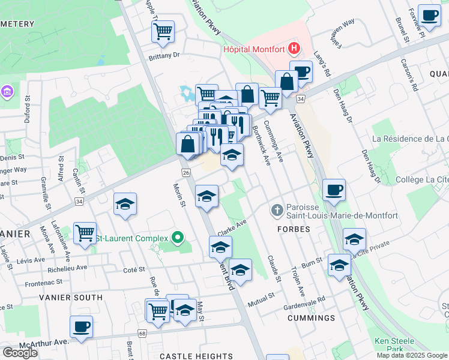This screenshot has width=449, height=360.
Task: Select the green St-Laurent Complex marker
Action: pyautogui.click(x=177, y=238)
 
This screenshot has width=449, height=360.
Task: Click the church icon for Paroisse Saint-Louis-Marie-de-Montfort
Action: pyautogui.click(x=276, y=210)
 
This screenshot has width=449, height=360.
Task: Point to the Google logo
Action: pyautogui.click(x=20, y=352)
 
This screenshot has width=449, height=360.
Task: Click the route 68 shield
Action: pyautogui.click(x=142, y=333)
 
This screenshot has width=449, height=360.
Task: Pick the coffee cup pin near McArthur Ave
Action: pyautogui.click(x=81, y=327)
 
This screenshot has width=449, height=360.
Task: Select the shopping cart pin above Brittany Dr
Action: pyautogui.click(x=163, y=31)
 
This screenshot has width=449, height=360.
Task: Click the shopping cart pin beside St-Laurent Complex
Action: pyautogui.click(x=85, y=232)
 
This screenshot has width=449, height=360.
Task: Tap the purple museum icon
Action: pyautogui.click(x=7, y=92)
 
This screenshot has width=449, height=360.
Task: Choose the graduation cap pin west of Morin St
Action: pyautogui.click(x=125, y=203)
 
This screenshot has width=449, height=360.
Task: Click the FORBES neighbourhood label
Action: pyautogui.click(x=294, y=229)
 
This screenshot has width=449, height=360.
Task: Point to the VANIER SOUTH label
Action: pyautogui.click(x=71, y=297)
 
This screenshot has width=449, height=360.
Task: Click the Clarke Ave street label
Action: pyautogui.click(x=233, y=227)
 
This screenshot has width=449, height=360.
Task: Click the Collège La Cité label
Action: pyautogui.click(x=423, y=179)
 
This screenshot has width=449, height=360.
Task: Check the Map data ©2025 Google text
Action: pyautogui.click(x=412, y=355)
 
